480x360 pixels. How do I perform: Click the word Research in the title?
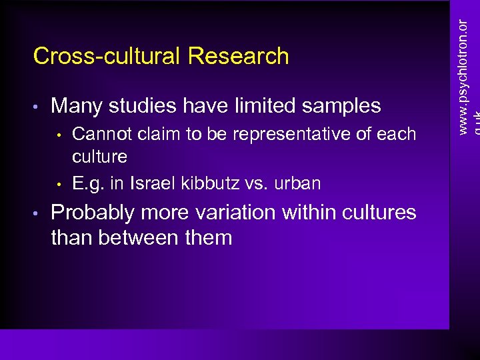point(239,56)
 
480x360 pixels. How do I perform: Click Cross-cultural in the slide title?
point(107,56)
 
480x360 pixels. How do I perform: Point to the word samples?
point(340,106)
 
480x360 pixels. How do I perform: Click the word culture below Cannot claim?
point(99,157)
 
